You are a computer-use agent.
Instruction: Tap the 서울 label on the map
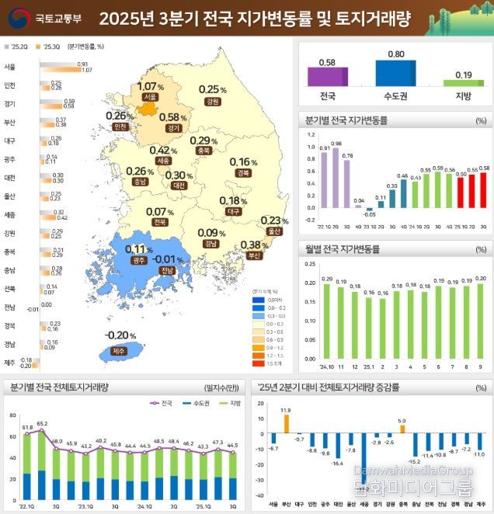coord(150,97)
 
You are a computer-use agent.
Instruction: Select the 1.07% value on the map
coord(149,86)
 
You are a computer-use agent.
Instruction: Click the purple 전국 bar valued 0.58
coord(326,77)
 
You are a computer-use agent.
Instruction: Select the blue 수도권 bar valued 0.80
coord(395,73)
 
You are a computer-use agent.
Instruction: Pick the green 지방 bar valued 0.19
coord(463,82)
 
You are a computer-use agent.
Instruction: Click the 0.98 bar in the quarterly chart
coord(336,179)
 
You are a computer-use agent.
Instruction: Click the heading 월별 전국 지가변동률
coord(343,250)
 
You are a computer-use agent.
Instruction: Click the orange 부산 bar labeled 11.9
coord(286,423)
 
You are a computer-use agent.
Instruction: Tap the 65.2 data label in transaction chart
coord(42,424)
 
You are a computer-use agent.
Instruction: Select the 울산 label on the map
coord(272,231)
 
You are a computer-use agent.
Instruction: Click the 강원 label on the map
coord(211,101)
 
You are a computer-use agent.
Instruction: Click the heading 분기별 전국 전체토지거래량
coord(59,387)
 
